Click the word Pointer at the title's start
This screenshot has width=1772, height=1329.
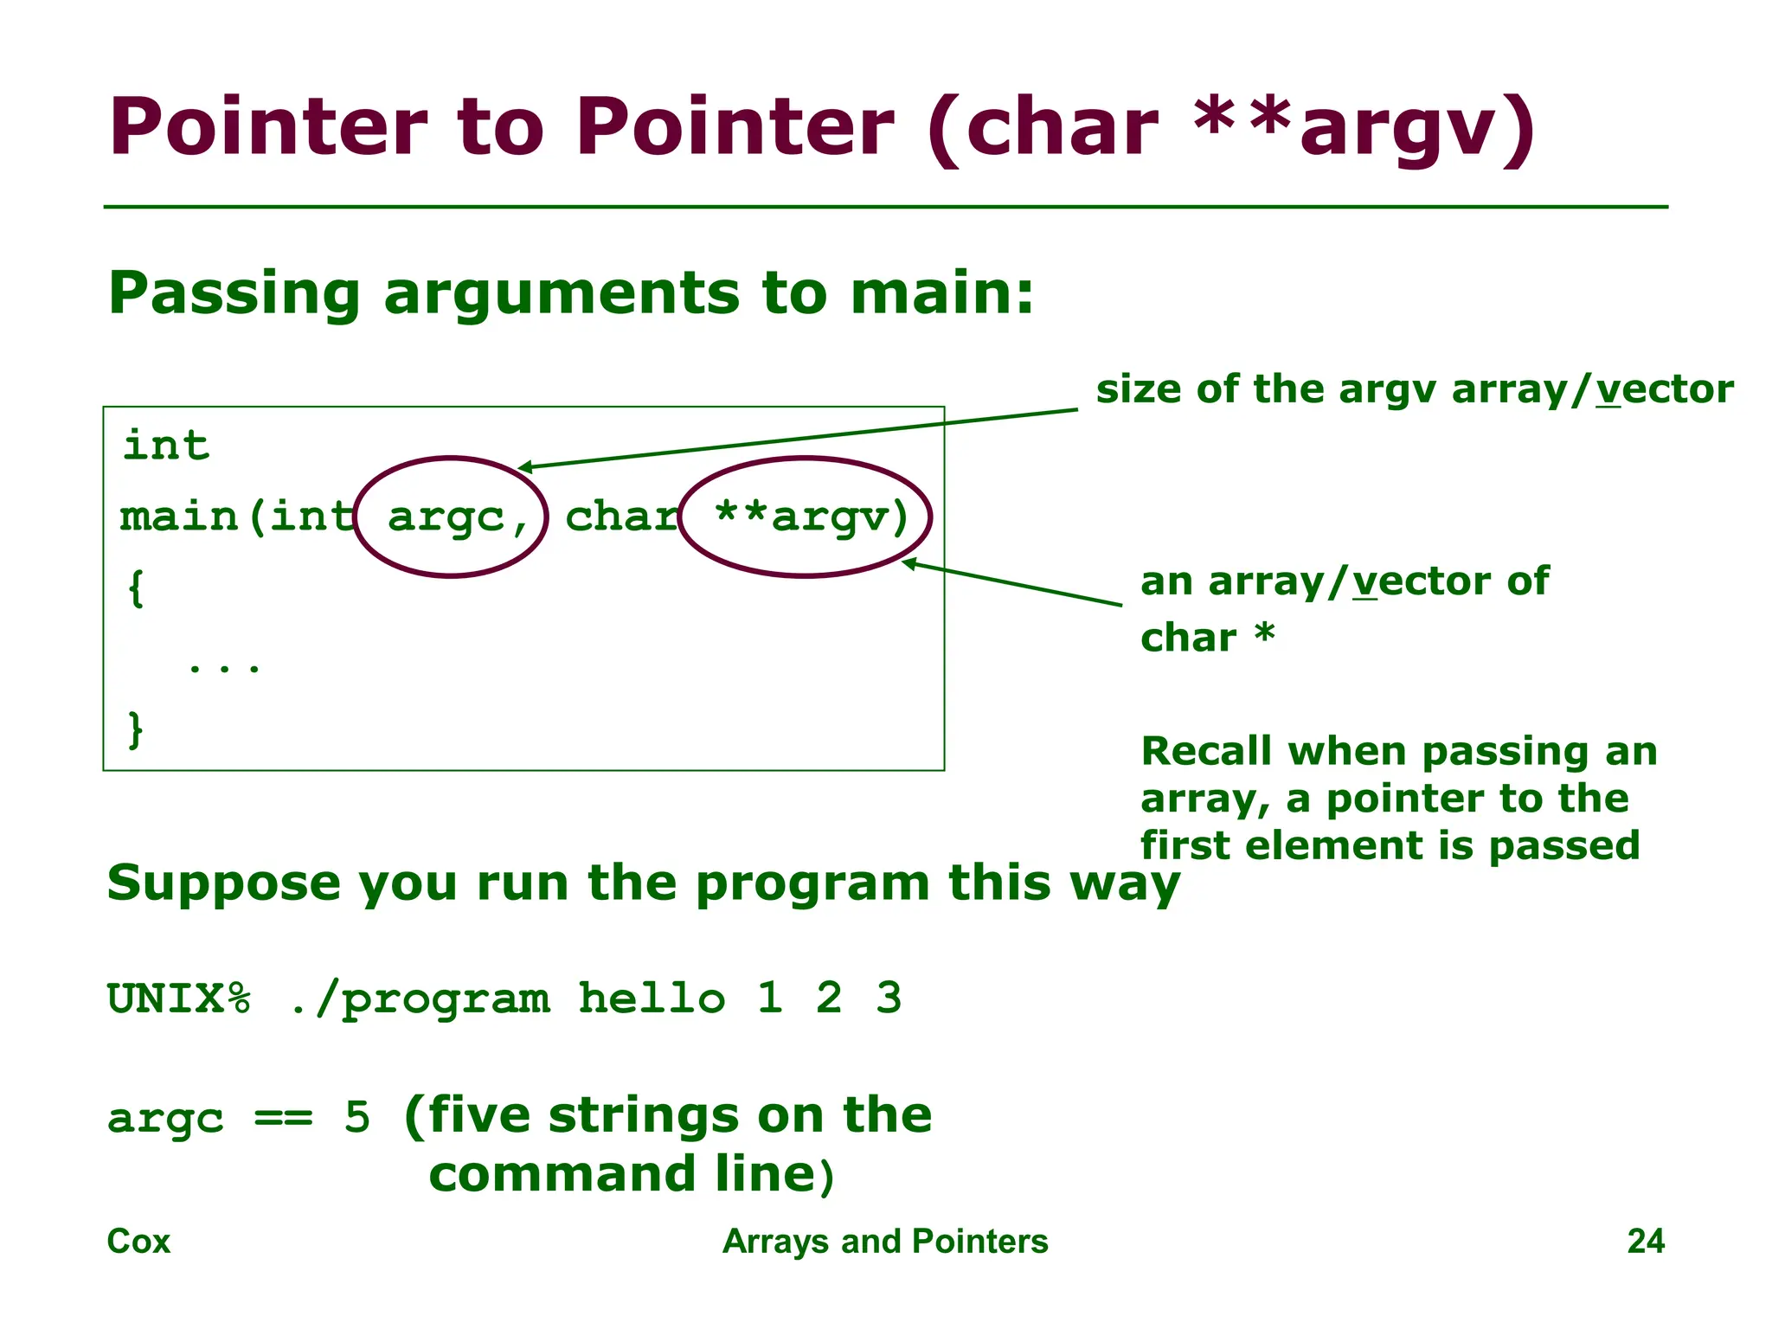click(x=267, y=127)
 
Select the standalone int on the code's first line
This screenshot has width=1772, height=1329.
click(x=166, y=446)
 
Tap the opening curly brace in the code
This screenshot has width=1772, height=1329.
click(x=135, y=589)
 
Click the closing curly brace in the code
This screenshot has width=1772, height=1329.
click(x=135, y=729)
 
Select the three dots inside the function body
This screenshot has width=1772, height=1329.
click(x=224, y=666)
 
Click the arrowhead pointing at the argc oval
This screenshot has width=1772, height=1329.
click(x=524, y=468)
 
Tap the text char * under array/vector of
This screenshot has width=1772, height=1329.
click(x=1207, y=638)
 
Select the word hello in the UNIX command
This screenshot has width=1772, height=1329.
click(x=651, y=998)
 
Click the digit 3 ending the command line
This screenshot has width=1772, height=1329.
click(x=889, y=998)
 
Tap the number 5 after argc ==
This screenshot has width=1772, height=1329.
click(x=356, y=1117)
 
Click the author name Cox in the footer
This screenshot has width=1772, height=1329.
click(x=138, y=1242)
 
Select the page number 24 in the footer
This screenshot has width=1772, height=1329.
click(x=1645, y=1242)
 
